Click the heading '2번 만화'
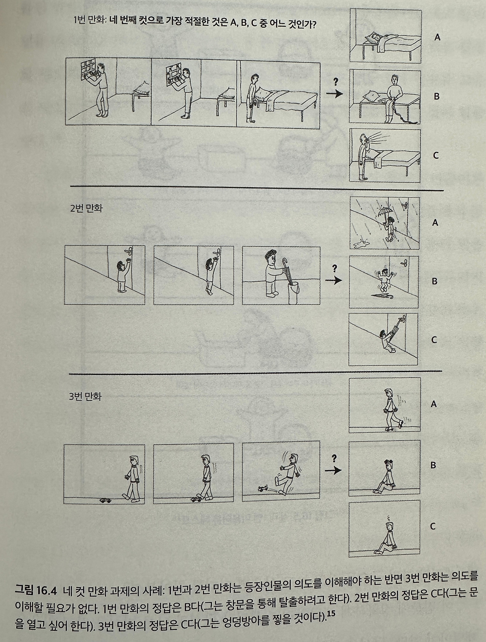click(x=86, y=208)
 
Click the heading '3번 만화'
click(x=86, y=397)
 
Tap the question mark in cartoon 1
click(x=335, y=81)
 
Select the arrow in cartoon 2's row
click(x=333, y=281)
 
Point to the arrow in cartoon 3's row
click(x=333, y=470)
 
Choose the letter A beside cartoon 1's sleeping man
click(x=437, y=37)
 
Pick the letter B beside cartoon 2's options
click(x=435, y=281)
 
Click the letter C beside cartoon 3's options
click(x=432, y=526)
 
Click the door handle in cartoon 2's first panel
click(x=128, y=250)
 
